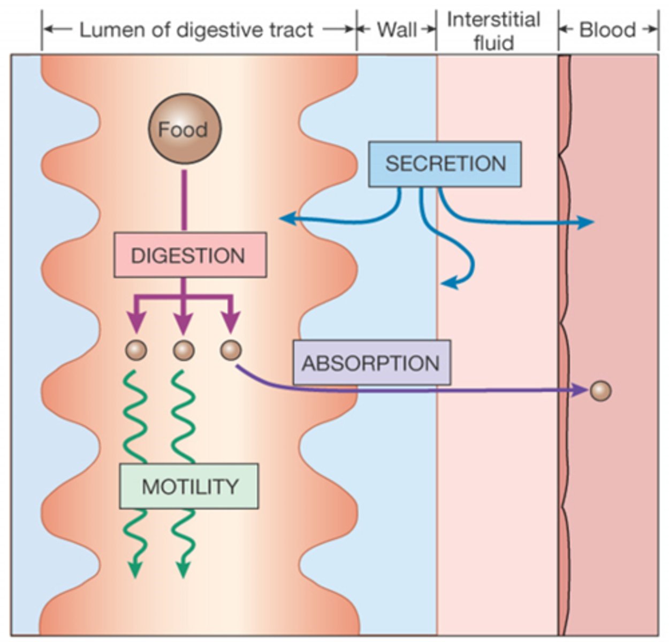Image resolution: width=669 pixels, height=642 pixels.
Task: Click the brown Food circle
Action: tap(184, 129)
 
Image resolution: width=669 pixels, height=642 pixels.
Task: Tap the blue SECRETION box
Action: tap(445, 164)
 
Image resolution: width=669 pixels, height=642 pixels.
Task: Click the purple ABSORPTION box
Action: tap(371, 363)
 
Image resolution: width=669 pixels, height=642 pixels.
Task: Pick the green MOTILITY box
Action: tap(189, 486)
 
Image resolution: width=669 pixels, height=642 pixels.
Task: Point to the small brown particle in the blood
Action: tap(600, 391)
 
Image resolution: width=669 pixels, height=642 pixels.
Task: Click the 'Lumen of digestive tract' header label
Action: tap(196, 30)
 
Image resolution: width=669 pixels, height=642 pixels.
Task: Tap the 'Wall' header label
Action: tap(397, 30)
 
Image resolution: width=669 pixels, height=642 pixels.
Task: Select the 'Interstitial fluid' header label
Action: tap(493, 31)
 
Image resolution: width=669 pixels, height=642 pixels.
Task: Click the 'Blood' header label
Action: tap(607, 30)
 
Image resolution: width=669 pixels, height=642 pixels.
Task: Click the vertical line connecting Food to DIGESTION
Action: tap(184, 201)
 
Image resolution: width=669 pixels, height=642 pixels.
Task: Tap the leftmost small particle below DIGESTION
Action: tap(136, 350)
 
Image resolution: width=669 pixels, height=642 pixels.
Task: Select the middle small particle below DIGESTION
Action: tap(184, 350)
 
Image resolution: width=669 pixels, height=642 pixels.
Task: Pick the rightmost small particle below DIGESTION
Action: tap(231, 350)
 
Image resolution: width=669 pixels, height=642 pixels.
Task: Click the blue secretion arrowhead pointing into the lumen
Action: tap(286, 218)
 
